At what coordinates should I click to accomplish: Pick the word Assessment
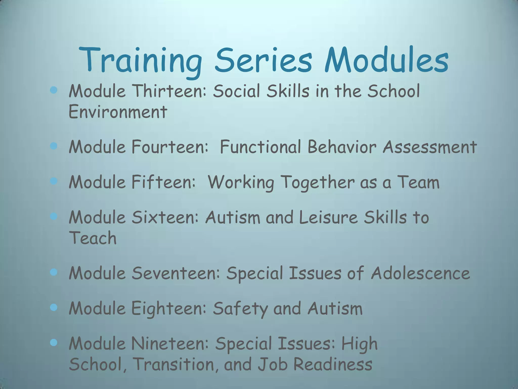430,147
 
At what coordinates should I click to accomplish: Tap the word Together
318,183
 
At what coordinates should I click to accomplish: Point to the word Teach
93,238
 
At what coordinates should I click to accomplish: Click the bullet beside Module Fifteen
54,181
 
